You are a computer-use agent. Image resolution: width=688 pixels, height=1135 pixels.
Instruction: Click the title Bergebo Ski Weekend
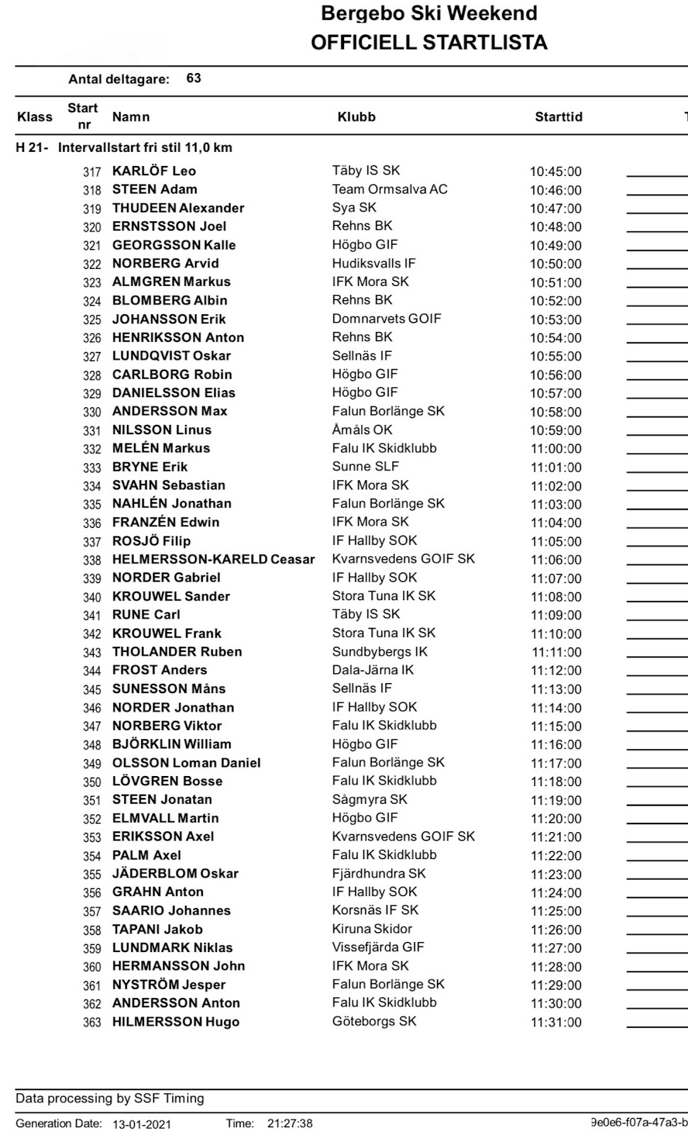(429, 13)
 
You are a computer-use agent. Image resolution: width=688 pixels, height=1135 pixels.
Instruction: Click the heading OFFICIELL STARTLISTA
(429, 43)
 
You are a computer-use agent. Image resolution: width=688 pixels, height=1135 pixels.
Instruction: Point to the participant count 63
(194, 78)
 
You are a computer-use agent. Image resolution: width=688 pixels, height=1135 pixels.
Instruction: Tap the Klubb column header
(356, 117)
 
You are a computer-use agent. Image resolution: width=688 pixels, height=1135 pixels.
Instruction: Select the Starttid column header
(558, 117)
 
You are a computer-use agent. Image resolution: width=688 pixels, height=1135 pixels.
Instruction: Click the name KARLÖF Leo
(154, 171)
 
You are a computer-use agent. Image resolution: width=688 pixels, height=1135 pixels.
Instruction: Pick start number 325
(92, 320)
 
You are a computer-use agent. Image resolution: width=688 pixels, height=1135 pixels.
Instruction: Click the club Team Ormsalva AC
(389, 189)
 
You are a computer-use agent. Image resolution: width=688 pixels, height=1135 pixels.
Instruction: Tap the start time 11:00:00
(556, 449)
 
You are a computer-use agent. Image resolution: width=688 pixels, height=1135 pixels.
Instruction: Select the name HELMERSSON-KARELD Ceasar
(213, 560)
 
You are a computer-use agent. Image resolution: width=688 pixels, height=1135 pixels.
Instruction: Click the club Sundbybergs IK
(379, 652)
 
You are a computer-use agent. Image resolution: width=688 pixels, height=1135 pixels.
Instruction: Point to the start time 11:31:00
(556, 1022)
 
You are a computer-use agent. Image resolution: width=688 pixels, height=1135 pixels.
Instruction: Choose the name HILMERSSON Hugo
(175, 1022)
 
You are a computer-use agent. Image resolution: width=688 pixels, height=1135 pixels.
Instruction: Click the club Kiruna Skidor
(372, 929)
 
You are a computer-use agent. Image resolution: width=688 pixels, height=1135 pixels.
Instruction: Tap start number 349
(92, 764)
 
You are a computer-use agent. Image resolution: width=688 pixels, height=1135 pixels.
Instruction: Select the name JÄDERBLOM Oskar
(175, 874)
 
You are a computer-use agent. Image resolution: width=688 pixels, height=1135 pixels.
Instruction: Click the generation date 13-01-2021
(141, 1124)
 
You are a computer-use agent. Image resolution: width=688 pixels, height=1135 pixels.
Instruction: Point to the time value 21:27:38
(289, 1124)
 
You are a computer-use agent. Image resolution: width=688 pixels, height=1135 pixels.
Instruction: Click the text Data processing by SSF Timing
(110, 1099)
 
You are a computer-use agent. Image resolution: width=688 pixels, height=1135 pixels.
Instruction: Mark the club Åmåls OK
(362, 430)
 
